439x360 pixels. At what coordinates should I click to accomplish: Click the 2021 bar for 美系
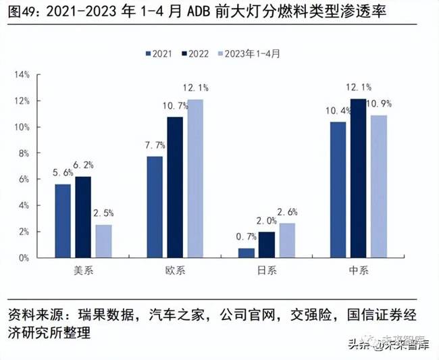click(62, 221)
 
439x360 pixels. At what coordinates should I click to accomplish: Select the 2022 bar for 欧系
click(174, 187)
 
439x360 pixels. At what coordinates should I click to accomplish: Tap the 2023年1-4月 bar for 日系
click(287, 240)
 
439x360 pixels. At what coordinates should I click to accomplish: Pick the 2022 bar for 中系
click(359, 178)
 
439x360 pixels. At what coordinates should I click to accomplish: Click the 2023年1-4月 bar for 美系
click(103, 241)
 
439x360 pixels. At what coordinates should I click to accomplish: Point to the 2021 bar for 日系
click(246, 253)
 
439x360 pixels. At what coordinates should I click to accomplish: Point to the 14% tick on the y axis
click(22, 74)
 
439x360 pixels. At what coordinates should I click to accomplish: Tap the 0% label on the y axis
click(24, 257)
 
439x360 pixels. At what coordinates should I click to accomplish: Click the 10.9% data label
click(380, 105)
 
